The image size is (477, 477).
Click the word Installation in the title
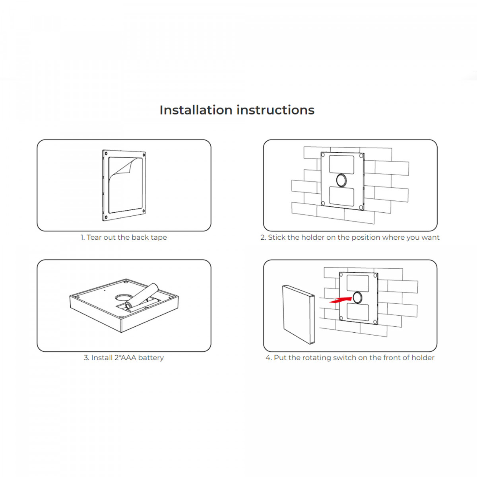[196, 110]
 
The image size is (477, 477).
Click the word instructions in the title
[275, 110]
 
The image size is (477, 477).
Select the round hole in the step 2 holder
[341, 180]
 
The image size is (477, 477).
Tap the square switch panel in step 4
[297, 314]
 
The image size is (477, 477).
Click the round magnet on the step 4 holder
[357, 297]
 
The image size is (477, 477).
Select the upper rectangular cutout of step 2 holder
[342, 165]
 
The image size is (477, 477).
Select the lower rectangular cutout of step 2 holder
[342, 196]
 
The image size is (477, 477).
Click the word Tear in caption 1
[94, 238]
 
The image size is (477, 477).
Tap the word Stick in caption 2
[277, 238]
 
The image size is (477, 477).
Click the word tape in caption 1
[159, 238]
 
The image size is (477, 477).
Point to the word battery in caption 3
[151, 358]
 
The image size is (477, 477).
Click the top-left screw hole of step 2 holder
[323, 155]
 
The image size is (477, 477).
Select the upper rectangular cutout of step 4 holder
[357, 283]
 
